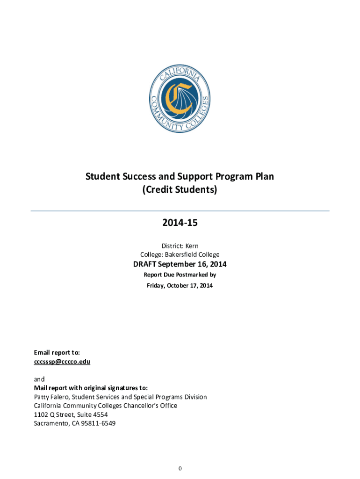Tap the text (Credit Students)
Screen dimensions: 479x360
point(180,190)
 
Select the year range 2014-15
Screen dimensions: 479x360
point(180,223)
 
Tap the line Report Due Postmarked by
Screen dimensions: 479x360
point(180,275)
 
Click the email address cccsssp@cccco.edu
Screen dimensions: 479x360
point(62,362)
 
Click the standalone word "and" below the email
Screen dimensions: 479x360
point(39,379)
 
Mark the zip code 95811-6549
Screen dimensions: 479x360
point(99,423)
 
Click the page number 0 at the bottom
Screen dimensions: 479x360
point(180,468)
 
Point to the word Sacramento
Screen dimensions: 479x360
point(51,423)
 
